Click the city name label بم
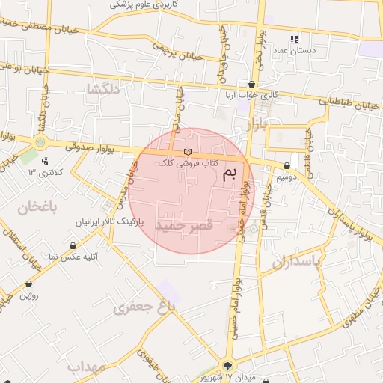[x=233, y=175]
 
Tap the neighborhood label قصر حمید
[x=184, y=224]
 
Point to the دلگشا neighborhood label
[x=103, y=88]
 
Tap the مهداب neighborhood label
[x=87, y=367]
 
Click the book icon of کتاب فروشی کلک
[x=187, y=152]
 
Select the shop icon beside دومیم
[x=287, y=166]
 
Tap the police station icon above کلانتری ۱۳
[x=45, y=161]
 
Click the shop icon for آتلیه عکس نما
[x=73, y=245]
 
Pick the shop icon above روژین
[x=28, y=284]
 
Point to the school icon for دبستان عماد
[x=294, y=39]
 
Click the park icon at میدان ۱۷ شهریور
[x=228, y=366]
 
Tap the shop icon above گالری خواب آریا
[x=252, y=84]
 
